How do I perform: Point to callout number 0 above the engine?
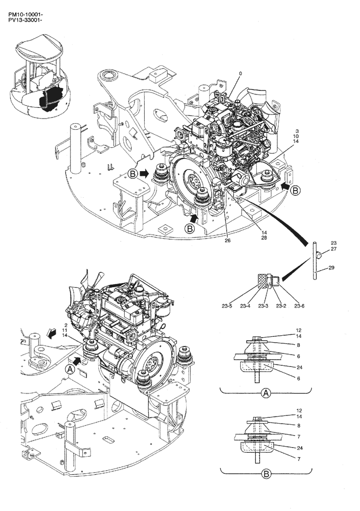click(240, 74)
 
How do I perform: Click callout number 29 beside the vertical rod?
click(331, 268)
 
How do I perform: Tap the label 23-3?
click(263, 307)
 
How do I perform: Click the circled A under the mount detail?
click(266, 393)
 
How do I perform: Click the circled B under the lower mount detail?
click(266, 474)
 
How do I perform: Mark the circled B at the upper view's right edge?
click(296, 190)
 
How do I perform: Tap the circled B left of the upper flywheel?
click(133, 174)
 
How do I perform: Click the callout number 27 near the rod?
click(333, 249)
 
